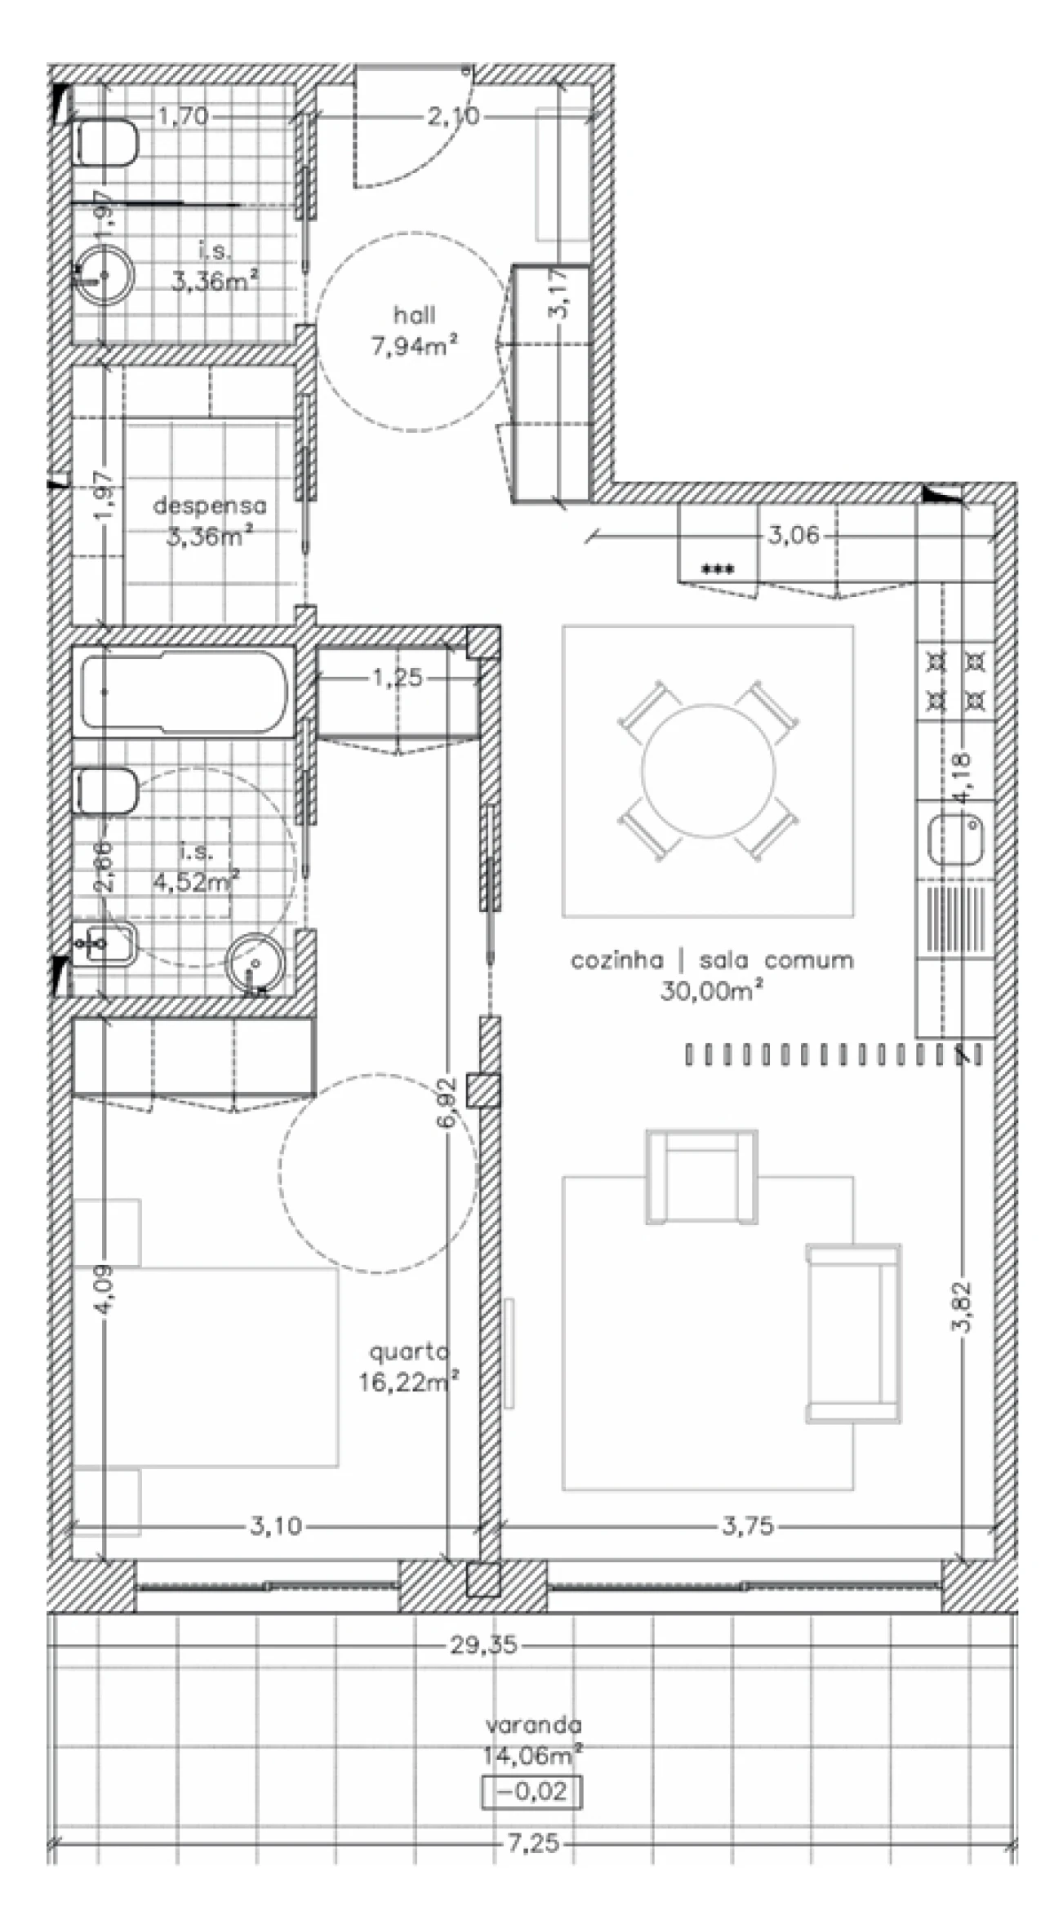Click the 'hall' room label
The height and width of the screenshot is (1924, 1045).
[414, 315]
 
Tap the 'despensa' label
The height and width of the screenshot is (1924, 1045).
[210, 505]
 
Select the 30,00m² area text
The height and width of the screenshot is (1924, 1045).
[711, 991]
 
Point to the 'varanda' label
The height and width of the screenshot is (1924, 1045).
[534, 1725]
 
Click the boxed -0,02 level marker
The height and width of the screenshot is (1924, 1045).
[531, 1792]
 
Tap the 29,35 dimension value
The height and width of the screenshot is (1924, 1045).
[483, 1645]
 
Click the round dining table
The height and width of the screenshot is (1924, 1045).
[708, 769]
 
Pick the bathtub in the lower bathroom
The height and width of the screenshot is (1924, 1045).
[185, 692]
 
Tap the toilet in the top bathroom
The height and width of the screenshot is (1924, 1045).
[106, 143]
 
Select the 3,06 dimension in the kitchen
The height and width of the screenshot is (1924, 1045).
[793, 537]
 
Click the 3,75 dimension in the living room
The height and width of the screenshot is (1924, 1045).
[747, 1526]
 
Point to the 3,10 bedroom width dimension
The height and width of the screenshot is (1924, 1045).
[276, 1526]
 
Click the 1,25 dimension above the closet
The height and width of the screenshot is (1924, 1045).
[398, 678]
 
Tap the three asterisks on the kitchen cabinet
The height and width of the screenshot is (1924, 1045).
[718, 570]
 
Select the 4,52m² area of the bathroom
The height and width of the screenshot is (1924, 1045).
[196, 882]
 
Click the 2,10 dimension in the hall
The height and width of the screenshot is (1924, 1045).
[453, 117]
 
